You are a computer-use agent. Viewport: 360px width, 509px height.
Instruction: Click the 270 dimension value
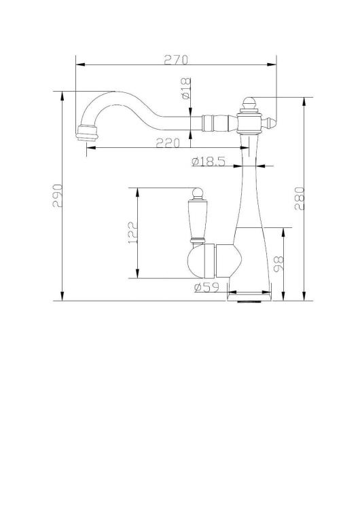coord(176,60)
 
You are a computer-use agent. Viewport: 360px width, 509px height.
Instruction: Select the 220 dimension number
coord(168,143)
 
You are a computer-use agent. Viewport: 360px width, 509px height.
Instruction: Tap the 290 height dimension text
coord(58,195)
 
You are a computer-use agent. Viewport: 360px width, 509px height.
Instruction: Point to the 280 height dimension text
coord(300,198)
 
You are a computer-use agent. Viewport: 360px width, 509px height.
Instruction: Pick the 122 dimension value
coord(133,233)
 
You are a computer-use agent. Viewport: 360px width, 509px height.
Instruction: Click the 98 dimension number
coord(278,264)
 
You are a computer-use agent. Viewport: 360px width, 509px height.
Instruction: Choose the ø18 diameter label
coord(185,88)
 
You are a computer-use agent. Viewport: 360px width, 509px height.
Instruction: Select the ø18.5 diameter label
coord(209,162)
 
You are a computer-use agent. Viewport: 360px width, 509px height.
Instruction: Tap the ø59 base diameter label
coord(206,287)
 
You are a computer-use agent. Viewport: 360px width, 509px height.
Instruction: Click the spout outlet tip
coord(86,134)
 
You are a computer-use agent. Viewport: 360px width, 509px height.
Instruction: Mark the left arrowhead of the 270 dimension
coord(80,64)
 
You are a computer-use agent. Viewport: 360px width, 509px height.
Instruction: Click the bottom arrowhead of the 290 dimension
coord(62,296)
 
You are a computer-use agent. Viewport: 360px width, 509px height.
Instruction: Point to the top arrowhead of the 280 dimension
coord(304,102)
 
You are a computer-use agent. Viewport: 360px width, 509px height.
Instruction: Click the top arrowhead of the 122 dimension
coord(138,193)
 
